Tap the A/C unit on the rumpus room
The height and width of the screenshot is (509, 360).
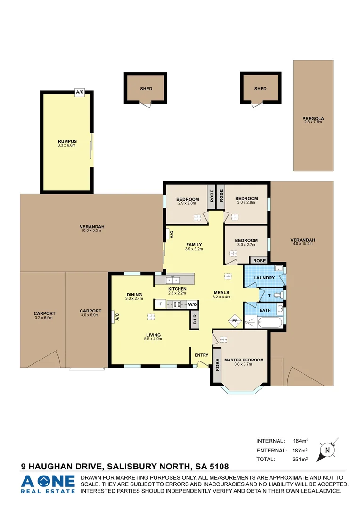tap(80, 93)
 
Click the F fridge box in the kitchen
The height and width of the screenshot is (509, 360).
tap(161, 304)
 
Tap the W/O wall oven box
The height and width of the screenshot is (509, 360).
tap(193, 304)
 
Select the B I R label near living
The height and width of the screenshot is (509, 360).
tap(195, 320)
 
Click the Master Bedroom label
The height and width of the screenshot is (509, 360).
tap(244, 361)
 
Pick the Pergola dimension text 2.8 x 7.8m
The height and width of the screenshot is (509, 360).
tap(313, 122)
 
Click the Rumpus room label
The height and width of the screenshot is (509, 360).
tap(67, 141)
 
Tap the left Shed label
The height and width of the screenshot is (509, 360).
tap(146, 89)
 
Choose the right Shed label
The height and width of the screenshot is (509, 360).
tap(260, 89)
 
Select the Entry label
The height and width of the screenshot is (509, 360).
tap(201, 355)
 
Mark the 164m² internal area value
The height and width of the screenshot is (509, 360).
tap(300, 441)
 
